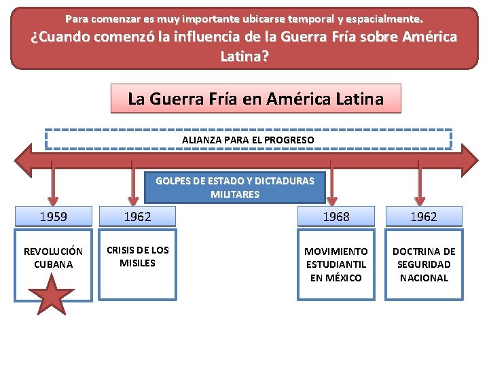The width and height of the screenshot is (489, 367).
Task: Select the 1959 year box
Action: click(53, 217)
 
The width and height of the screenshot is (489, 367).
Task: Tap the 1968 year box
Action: click(336, 217)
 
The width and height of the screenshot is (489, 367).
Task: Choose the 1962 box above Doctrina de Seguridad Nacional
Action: click(424, 217)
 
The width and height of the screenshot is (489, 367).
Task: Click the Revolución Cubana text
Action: click(53, 258)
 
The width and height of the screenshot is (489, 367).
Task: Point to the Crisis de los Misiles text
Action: click(137, 256)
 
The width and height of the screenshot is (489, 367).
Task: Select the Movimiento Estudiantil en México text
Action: click(336, 264)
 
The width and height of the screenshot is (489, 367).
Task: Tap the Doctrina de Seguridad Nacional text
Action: click(424, 264)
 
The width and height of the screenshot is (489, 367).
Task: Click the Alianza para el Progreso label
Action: click(248, 140)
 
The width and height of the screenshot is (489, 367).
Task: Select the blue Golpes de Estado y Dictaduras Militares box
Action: click(235, 188)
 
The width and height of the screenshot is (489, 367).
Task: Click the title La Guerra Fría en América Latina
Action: click(255, 99)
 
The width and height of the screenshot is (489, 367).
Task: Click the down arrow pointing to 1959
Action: click(53, 187)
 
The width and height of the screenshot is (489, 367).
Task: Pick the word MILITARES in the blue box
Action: click(235, 194)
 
